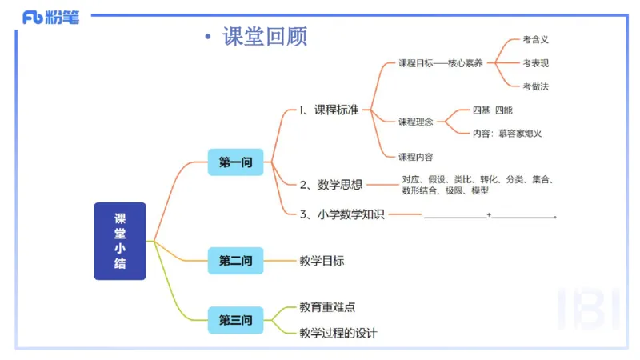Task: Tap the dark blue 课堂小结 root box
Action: click(120, 241)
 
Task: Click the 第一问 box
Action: click(235, 162)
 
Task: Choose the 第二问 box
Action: click(235, 261)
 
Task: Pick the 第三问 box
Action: click(235, 321)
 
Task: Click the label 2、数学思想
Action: click(330, 185)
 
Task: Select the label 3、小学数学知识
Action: click(342, 214)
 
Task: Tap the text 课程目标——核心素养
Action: click(441, 63)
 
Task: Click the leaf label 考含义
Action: click(535, 38)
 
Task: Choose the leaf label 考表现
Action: click(535, 62)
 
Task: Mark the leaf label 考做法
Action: click(535, 86)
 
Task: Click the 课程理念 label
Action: click(416, 122)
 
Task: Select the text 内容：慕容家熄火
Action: click(507, 134)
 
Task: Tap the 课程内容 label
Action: click(416, 157)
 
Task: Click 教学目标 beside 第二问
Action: click(322, 261)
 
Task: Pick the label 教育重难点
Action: click(327, 307)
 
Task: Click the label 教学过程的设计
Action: click(338, 333)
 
